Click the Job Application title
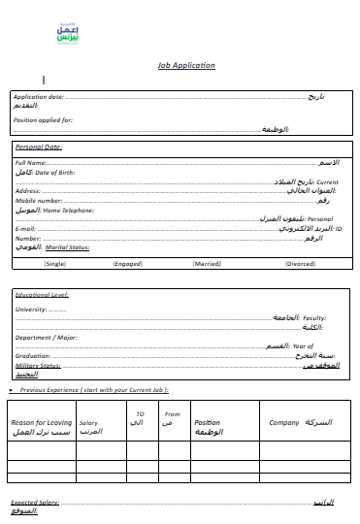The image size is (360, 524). pos(186,66)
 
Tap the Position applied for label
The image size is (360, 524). pos(44,119)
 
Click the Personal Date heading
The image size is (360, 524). pos(40,147)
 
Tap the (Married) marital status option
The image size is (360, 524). pos(207,263)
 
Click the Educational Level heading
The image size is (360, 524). pos(42,294)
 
